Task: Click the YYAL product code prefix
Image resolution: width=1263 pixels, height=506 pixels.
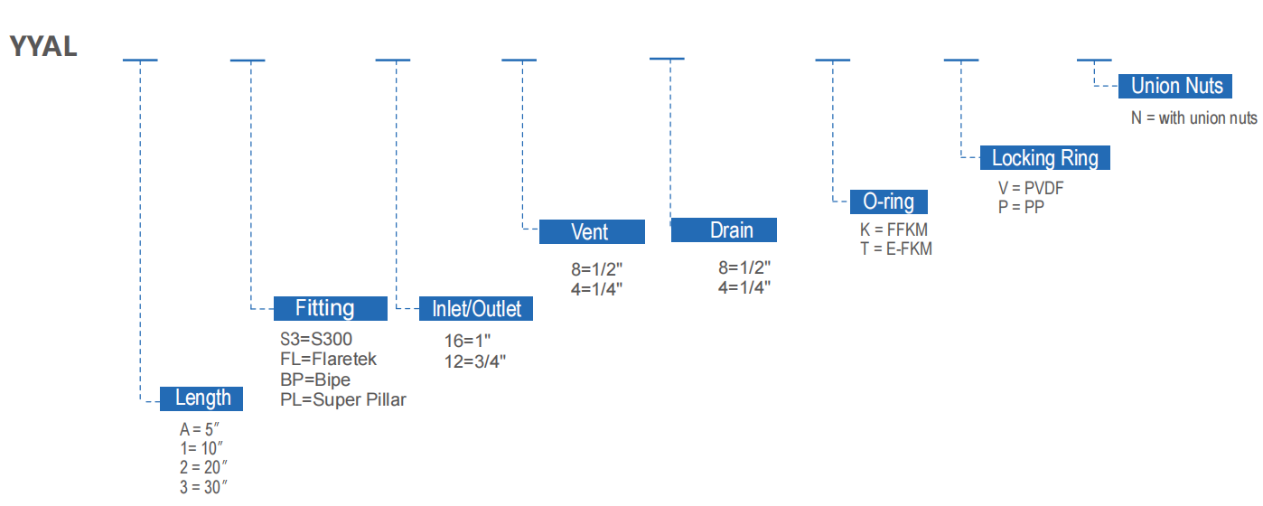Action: pyautogui.click(x=43, y=46)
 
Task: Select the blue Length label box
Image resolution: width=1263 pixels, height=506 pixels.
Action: pyautogui.click(x=201, y=398)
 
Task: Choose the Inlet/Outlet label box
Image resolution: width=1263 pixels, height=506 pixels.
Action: pyautogui.click(x=476, y=309)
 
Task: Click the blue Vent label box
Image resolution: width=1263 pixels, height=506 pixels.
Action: pyautogui.click(x=592, y=231)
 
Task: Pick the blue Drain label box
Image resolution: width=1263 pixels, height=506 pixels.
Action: pyautogui.click(x=724, y=230)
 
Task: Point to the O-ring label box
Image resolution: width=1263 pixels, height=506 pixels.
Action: pyautogui.click(x=889, y=201)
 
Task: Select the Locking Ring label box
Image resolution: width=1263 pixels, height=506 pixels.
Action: pyautogui.click(x=1044, y=158)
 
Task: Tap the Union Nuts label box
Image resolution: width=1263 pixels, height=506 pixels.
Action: pyautogui.click(x=1176, y=86)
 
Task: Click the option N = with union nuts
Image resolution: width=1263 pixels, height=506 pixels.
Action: pyautogui.click(x=1193, y=118)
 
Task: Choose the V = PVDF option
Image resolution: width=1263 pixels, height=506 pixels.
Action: pyautogui.click(x=1031, y=189)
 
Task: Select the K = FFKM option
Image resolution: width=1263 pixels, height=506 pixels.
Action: pyautogui.click(x=893, y=230)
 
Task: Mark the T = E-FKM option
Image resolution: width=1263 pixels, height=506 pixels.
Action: pyautogui.click(x=895, y=248)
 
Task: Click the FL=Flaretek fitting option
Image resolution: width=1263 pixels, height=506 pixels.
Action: pyautogui.click(x=328, y=360)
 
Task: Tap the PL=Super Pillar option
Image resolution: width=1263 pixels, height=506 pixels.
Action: pyautogui.click(x=343, y=399)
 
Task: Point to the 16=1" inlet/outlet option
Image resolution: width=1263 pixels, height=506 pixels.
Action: pyautogui.click(x=467, y=341)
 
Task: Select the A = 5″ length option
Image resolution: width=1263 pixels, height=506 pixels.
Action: pyautogui.click(x=200, y=430)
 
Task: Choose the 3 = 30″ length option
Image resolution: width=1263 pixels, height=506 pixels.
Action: pyautogui.click(x=202, y=486)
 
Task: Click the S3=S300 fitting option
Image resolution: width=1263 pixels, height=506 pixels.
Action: pyautogui.click(x=316, y=340)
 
